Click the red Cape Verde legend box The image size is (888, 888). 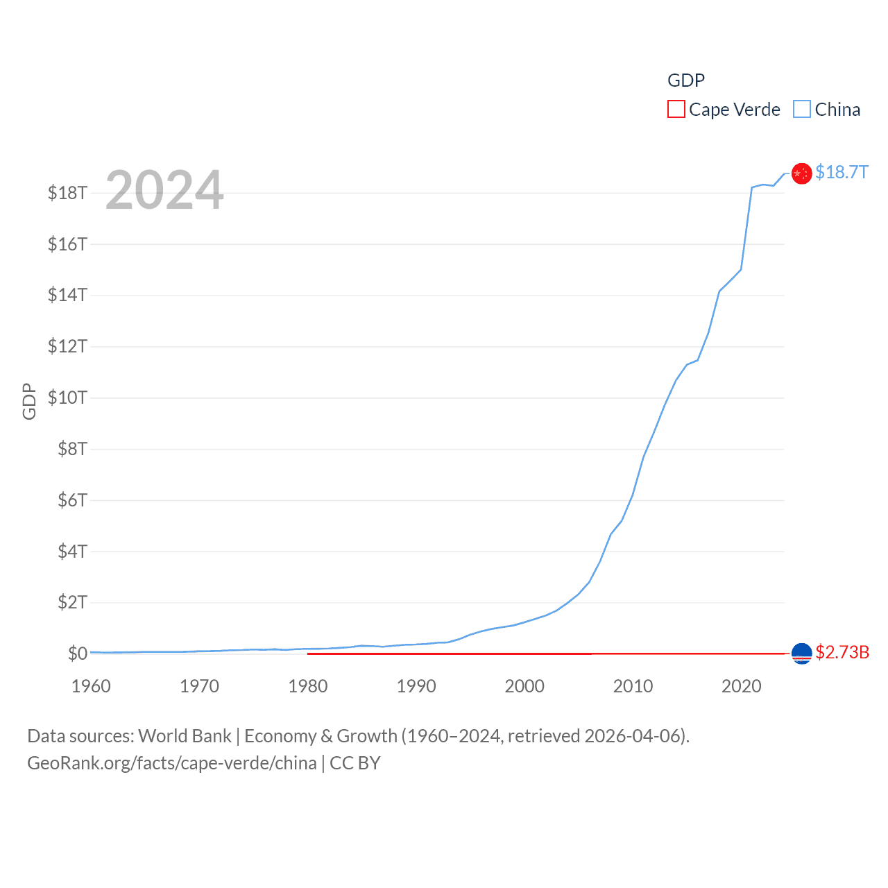pyautogui.click(x=676, y=110)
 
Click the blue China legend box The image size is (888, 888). pyautogui.click(x=801, y=110)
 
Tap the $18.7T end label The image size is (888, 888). pyautogui.click(x=842, y=172)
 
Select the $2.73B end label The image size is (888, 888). pyautogui.click(x=842, y=652)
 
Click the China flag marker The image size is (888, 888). pyautogui.click(x=801, y=173)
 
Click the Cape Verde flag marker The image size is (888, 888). pyautogui.click(x=801, y=653)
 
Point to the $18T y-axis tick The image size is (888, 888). pyautogui.click(x=67, y=193)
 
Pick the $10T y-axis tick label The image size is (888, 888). pyautogui.click(x=67, y=398)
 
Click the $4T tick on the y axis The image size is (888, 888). pyautogui.click(x=72, y=551)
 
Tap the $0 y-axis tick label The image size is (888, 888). pyautogui.click(x=77, y=654)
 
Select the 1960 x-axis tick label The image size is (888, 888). pyautogui.click(x=91, y=686)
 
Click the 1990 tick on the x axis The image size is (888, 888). pyautogui.click(x=416, y=686)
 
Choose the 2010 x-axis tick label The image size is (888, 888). pyautogui.click(x=633, y=686)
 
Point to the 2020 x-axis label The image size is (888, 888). pyautogui.click(x=741, y=686)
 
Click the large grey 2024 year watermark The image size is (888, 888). pyautogui.click(x=164, y=189)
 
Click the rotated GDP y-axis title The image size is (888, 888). pyautogui.click(x=29, y=401)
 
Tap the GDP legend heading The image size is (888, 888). pyautogui.click(x=685, y=80)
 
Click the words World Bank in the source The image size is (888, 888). pyautogui.click(x=185, y=735)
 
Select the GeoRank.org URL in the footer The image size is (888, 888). pyautogui.click(x=171, y=763)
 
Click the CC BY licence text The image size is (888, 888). pyautogui.click(x=355, y=763)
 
